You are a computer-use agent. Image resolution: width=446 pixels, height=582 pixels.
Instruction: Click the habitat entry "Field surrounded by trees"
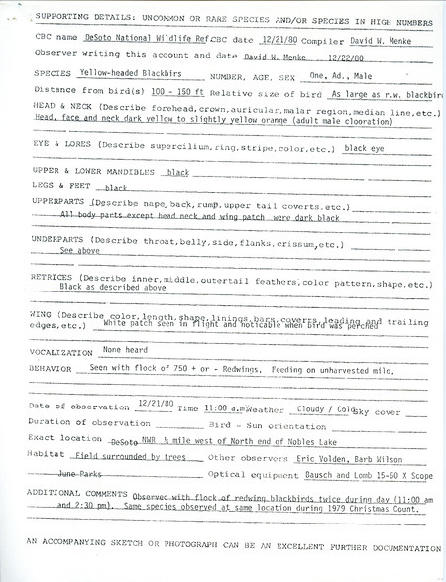pyautogui.click(x=130, y=459)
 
